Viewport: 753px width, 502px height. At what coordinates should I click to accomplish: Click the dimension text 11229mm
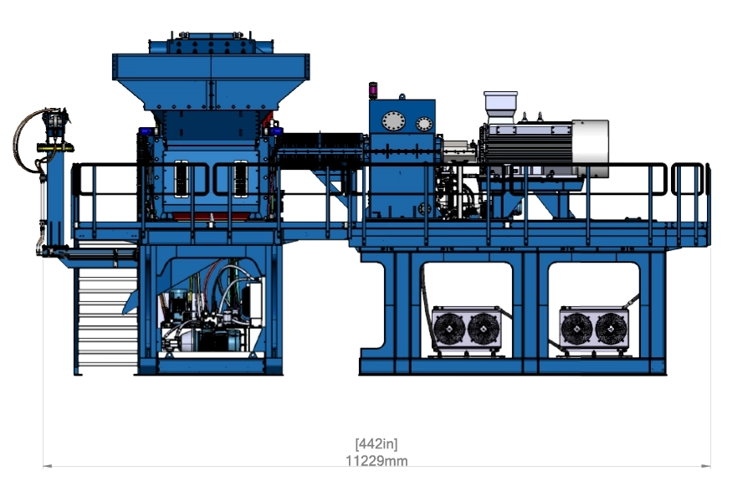pyautogui.click(x=376, y=461)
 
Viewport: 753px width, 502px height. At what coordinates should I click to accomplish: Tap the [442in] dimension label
pyautogui.click(x=376, y=443)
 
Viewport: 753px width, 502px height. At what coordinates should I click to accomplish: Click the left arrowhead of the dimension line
pyautogui.click(x=47, y=465)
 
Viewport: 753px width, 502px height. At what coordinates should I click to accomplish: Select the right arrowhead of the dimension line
pyautogui.click(x=706, y=465)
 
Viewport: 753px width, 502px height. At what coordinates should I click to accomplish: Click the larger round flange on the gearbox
pyautogui.click(x=393, y=121)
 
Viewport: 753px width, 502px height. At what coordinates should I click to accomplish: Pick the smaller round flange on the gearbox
pyautogui.click(x=424, y=124)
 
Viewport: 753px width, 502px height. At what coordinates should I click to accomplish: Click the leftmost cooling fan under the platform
pyautogui.click(x=449, y=329)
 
